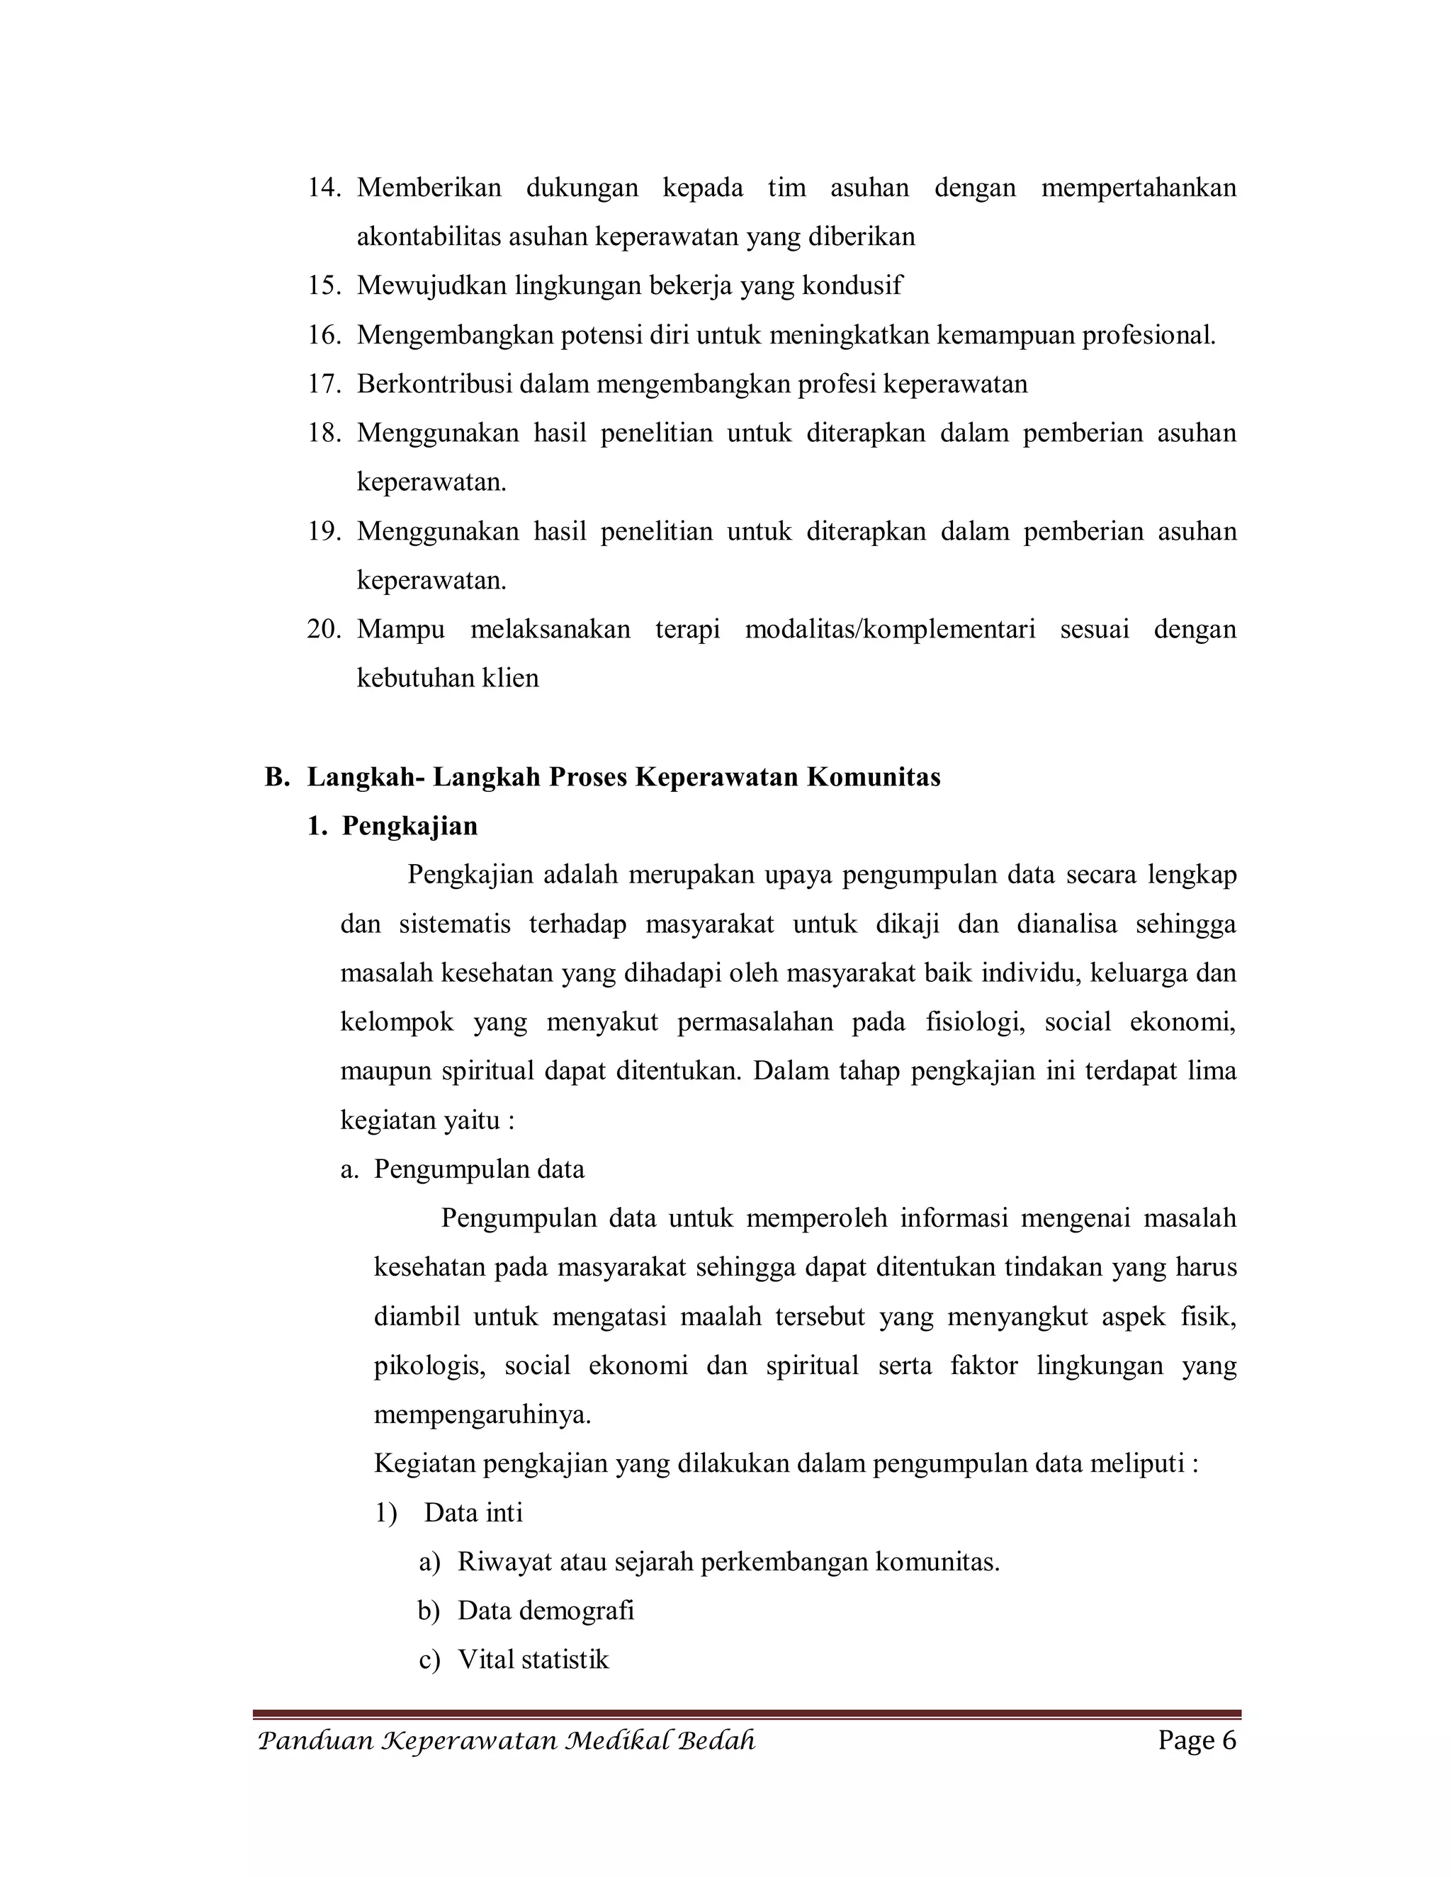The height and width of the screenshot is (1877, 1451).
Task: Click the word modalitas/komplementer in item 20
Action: click(x=890, y=629)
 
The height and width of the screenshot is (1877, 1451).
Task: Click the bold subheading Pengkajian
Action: click(x=410, y=826)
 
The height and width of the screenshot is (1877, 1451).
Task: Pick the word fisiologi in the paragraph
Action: click(x=975, y=1022)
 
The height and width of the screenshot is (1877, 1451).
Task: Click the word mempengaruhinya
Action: click(x=482, y=1414)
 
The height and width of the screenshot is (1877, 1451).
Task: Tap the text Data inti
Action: click(x=473, y=1513)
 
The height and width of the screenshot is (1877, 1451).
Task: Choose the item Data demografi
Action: click(x=545, y=1611)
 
